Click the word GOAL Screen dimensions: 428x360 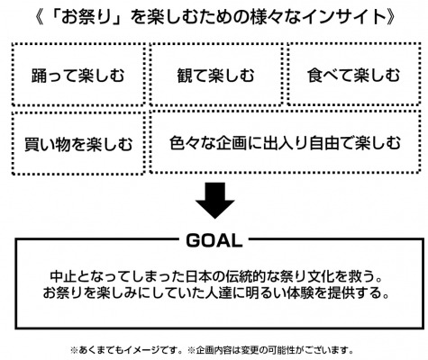tap(214, 240)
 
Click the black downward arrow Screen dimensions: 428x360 tap(214, 200)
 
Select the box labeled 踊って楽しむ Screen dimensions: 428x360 tap(78, 75)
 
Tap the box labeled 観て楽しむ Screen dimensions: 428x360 tap(215, 75)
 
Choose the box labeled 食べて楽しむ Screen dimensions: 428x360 tap(353, 75)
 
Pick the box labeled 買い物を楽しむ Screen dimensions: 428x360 tap(78, 143)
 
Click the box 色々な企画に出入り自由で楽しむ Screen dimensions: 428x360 tap(285, 142)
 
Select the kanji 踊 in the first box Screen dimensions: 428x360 tap(40, 75)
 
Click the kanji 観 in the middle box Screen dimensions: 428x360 tap(185, 75)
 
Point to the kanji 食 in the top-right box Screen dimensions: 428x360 tap(314, 75)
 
